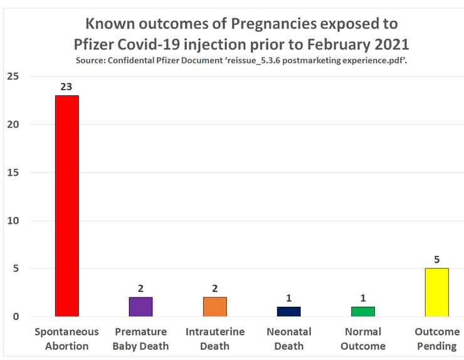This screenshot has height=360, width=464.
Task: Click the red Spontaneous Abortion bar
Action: click(67, 206)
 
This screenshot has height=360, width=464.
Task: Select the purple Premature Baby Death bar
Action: click(140, 307)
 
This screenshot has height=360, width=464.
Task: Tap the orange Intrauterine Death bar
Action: click(214, 307)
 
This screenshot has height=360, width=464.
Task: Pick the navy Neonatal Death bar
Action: click(289, 312)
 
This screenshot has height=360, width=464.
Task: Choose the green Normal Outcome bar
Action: click(363, 312)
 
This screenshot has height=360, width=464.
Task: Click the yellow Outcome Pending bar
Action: click(437, 292)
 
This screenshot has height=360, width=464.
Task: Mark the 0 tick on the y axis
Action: click(16, 317)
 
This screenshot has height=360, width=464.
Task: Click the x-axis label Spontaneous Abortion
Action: click(67, 339)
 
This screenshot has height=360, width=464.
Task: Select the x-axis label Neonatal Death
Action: click(289, 339)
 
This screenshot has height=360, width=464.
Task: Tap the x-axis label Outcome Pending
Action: click(437, 339)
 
